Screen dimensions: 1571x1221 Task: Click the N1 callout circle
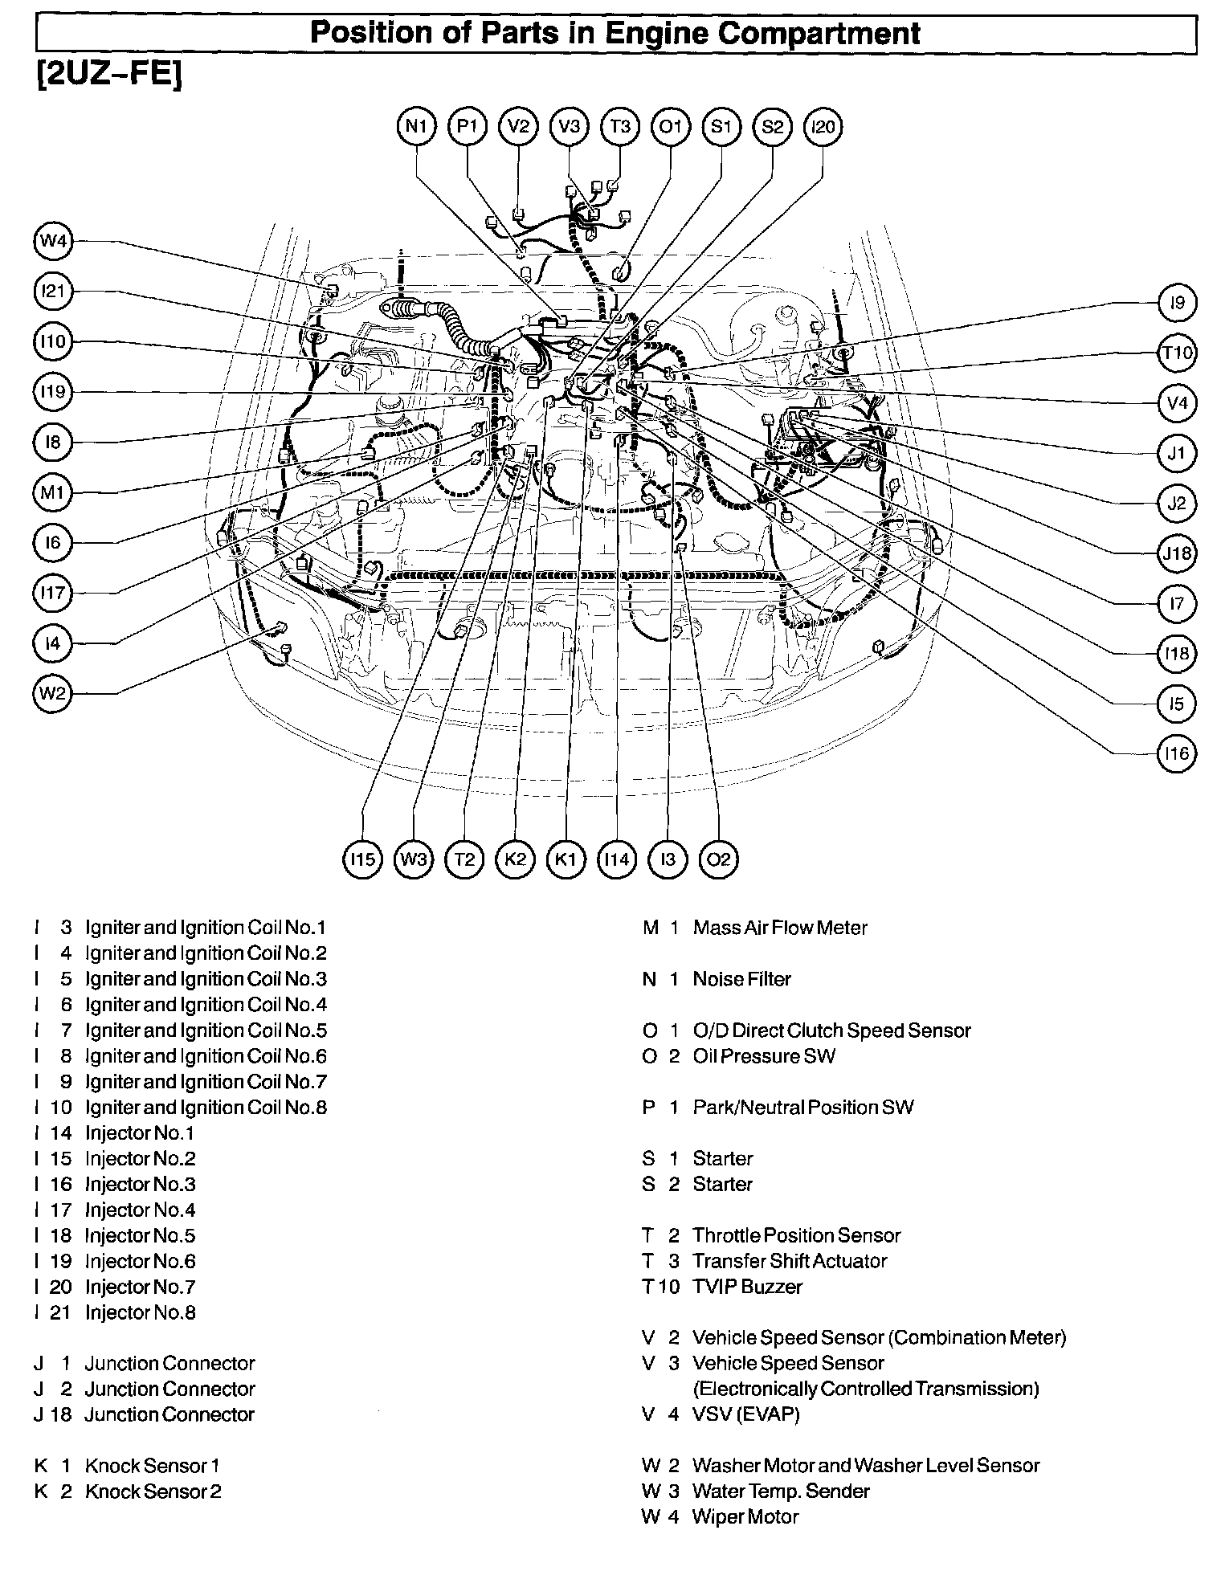pos(417,127)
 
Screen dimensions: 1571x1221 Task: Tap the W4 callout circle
pos(53,241)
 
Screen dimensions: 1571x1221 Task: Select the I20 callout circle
pos(823,127)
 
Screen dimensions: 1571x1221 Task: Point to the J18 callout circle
pos(1177,553)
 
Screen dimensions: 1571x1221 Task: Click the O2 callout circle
pos(718,859)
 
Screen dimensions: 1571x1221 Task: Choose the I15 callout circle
pos(363,859)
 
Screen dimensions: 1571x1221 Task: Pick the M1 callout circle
pos(53,492)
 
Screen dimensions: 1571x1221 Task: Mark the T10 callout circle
pos(1177,353)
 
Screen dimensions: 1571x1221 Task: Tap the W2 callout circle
pos(53,692)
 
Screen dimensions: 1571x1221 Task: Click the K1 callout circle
pos(566,859)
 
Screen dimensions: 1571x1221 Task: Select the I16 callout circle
pos(1177,753)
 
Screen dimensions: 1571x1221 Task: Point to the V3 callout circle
pos(570,127)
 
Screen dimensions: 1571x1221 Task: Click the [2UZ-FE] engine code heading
pos(109,74)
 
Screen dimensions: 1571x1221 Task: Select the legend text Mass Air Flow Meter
pos(779,928)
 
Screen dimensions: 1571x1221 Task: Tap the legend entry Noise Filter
pos(741,979)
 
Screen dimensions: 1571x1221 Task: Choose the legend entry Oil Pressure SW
pos(763,1056)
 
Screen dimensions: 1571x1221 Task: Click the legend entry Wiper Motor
pos(745,1516)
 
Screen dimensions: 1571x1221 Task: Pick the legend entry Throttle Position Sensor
pos(796,1235)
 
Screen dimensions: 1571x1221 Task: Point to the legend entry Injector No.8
pos(140,1312)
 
